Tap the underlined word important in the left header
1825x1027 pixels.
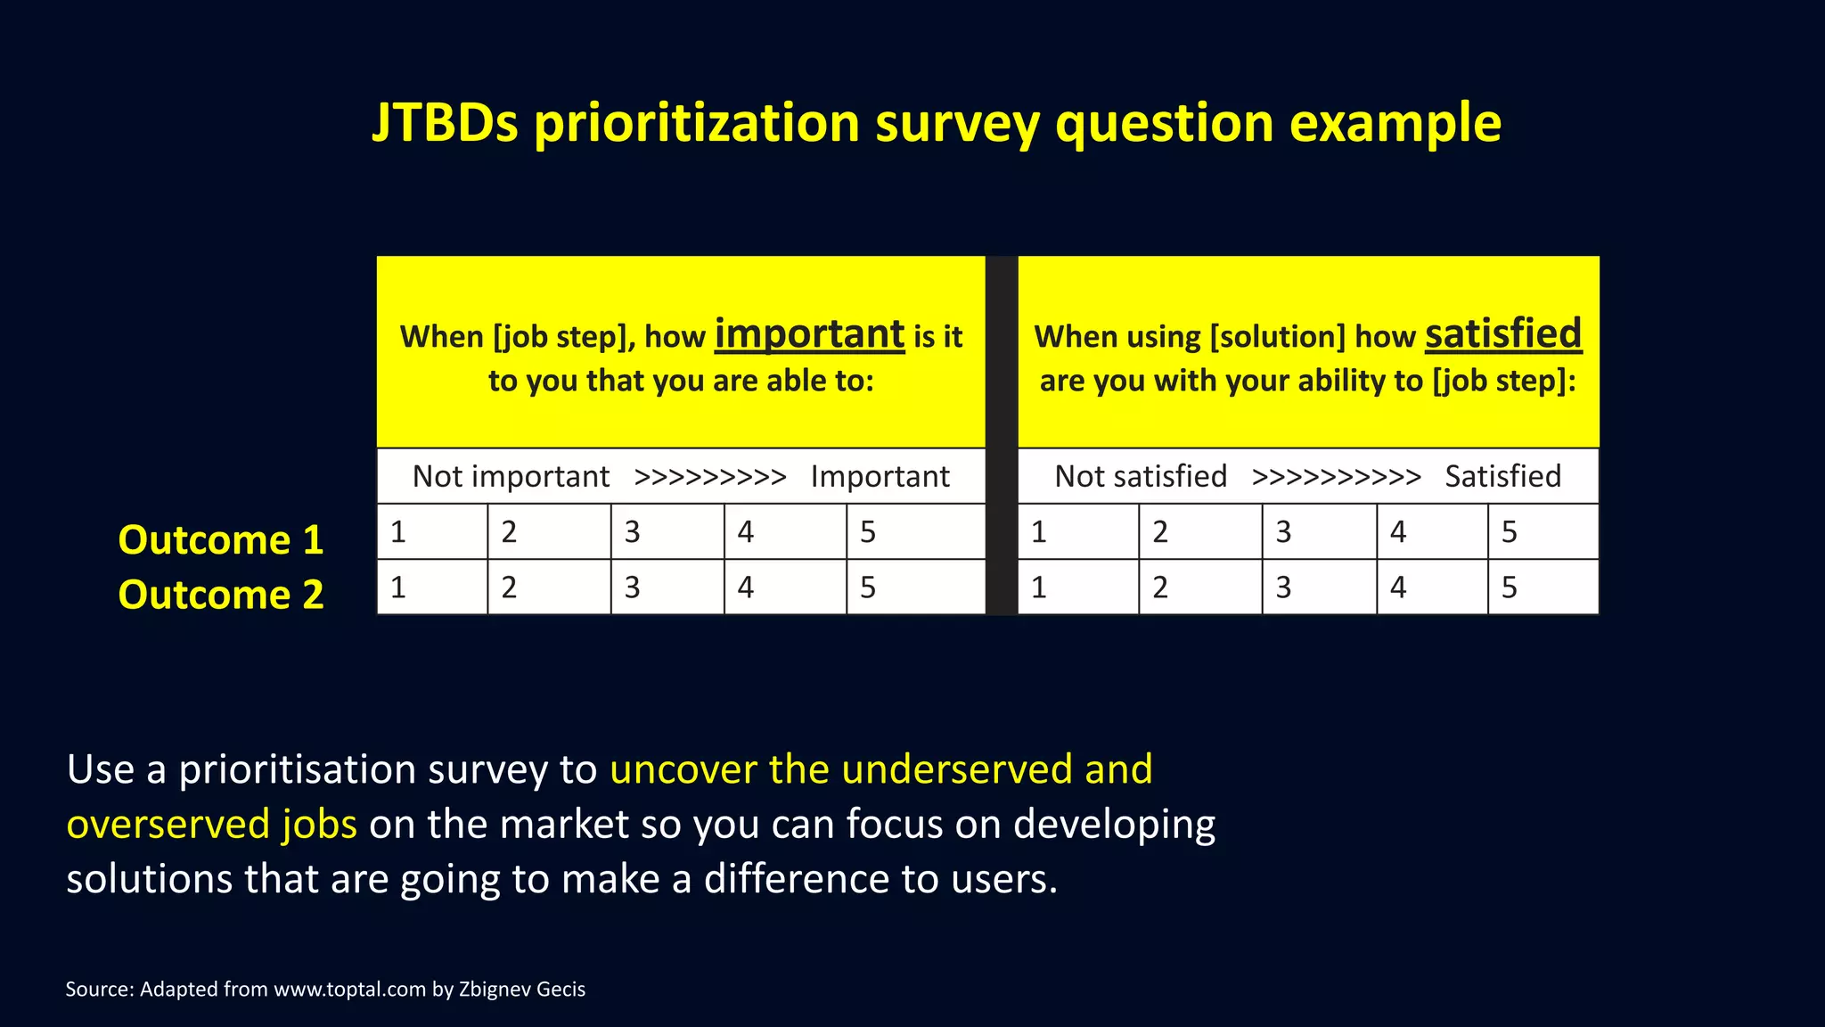[809, 334]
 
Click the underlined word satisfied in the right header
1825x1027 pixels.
[1502, 334]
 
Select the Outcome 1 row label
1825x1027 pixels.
[220, 540]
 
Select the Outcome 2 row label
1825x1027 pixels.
[220, 595]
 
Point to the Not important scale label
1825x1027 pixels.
[511, 477]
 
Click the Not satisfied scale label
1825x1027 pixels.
[1141, 477]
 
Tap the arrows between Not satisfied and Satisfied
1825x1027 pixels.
[1336, 478]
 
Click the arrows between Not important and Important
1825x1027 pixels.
[709, 478]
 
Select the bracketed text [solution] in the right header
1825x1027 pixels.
[1277, 337]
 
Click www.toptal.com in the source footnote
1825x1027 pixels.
[349, 990]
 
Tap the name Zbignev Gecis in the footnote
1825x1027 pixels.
[521, 990]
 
